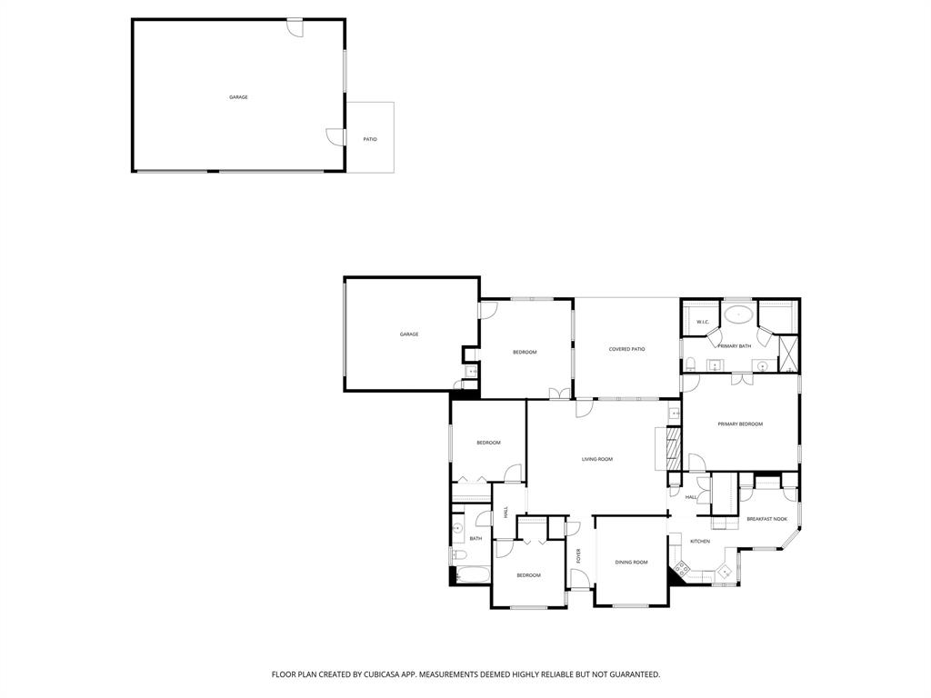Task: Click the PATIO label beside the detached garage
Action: (370, 139)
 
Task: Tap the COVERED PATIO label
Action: (626, 349)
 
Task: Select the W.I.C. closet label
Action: (703, 323)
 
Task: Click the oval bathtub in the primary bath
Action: (737, 316)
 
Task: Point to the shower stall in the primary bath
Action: (789, 354)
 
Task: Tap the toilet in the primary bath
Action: (691, 365)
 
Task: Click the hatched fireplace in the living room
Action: (674, 447)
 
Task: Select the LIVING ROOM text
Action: (597, 459)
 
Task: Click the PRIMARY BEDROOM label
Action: (740, 424)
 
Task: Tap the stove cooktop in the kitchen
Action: (681, 570)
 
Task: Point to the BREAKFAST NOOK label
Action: (766, 519)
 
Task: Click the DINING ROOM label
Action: (631, 563)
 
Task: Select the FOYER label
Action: (578, 556)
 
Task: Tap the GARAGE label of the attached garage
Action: (409, 334)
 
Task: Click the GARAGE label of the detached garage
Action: (238, 97)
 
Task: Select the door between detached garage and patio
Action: (335, 136)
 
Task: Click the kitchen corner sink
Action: (725, 572)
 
